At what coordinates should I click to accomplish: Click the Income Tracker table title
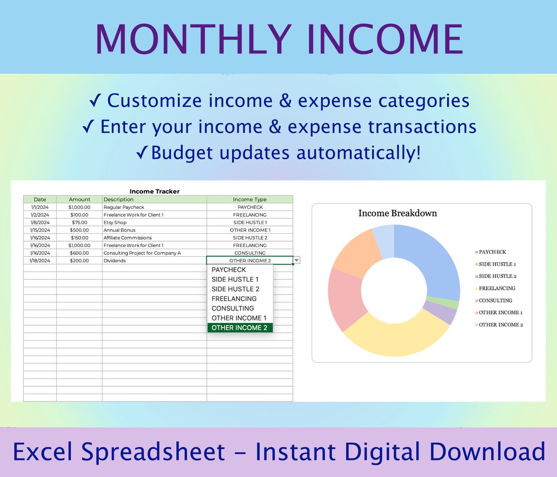[x=154, y=191]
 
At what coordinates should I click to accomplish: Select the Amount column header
[x=80, y=199]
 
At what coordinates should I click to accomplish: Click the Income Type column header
[x=250, y=199]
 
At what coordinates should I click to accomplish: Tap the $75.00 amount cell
[x=80, y=222]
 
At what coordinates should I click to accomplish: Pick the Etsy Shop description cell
[x=115, y=222]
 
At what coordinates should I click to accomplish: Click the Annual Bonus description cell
[x=120, y=230]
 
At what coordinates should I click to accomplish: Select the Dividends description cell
[x=115, y=261]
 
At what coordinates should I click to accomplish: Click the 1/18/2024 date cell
[x=40, y=261]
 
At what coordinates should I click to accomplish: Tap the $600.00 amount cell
[x=80, y=253]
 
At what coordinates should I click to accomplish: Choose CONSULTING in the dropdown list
[x=233, y=308]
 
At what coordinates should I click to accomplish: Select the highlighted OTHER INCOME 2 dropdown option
[x=239, y=328]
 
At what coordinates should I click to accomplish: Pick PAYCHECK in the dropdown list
[x=229, y=270]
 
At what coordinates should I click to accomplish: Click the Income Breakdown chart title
[x=398, y=213]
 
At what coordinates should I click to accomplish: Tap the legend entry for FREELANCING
[x=496, y=288]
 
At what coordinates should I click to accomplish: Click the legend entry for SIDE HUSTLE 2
[x=497, y=276]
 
